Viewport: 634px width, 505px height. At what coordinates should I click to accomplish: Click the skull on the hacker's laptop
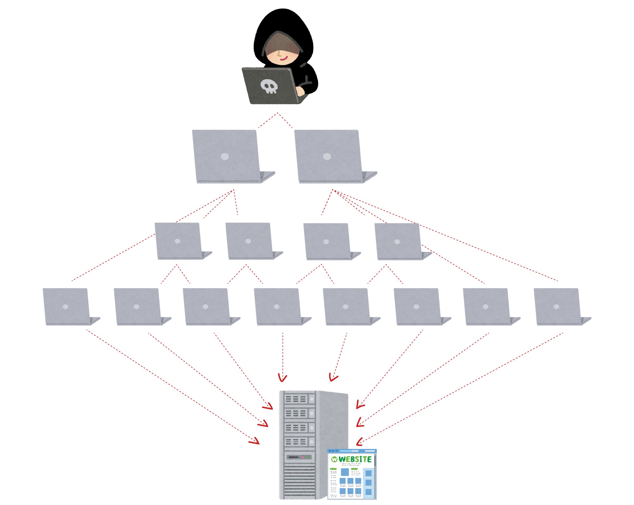click(269, 86)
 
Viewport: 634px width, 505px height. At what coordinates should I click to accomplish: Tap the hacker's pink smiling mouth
click(284, 58)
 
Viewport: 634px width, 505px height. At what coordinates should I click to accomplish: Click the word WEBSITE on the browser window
click(355, 459)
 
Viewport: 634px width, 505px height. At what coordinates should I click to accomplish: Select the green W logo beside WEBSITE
click(334, 459)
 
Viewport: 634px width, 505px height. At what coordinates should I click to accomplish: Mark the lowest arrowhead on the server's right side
click(359, 442)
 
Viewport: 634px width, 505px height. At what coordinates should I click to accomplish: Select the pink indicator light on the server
click(303, 457)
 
